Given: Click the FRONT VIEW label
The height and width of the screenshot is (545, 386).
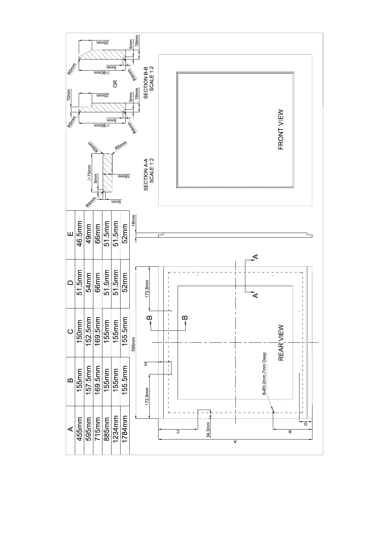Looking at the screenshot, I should [x=281, y=129].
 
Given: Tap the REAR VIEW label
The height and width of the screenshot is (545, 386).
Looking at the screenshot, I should [x=281, y=343].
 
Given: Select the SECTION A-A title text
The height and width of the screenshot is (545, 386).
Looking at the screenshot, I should [x=148, y=174].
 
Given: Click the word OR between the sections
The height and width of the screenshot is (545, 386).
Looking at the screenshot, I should [x=114, y=84].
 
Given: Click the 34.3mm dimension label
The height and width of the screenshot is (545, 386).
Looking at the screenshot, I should [x=208, y=430].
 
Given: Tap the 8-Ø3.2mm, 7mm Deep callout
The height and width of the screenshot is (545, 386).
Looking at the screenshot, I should [x=264, y=373].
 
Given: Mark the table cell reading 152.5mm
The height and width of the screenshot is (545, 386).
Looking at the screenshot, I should [x=88, y=332].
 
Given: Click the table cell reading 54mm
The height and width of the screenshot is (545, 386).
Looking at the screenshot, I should [x=88, y=284].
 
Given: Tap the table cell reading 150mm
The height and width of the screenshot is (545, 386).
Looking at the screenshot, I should [x=79, y=332].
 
